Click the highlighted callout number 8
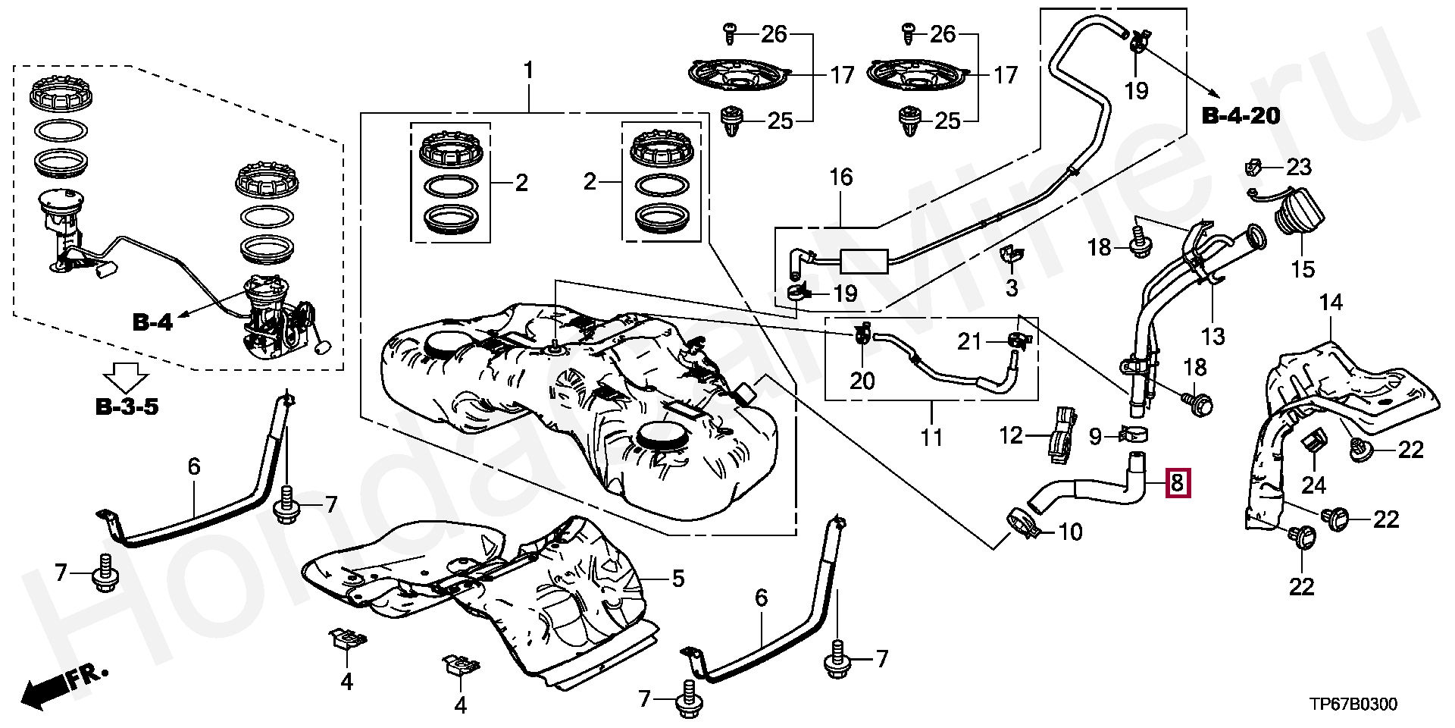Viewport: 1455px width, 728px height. [1177, 482]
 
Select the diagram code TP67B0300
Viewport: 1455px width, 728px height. [1353, 704]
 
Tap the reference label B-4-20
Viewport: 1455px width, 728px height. [1241, 116]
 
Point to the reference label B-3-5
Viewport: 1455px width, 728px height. [127, 407]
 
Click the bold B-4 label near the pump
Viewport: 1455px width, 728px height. [152, 322]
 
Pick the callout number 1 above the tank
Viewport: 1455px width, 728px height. [528, 72]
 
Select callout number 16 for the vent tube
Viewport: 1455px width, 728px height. [841, 177]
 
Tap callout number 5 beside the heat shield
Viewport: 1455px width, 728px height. [677, 579]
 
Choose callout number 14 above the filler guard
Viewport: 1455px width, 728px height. [1331, 303]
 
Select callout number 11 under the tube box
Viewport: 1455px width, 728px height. [931, 438]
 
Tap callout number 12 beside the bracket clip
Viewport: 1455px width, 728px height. [1012, 435]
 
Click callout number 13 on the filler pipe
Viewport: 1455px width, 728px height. [1212, 335]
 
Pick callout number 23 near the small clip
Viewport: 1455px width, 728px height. [1299, 167]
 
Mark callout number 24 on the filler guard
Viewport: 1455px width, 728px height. [1314, 483]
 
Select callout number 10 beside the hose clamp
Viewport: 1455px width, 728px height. [1070, 532]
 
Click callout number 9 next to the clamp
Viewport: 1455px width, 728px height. [1096, 436]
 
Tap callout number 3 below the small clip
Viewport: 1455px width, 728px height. [1012, 287]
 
